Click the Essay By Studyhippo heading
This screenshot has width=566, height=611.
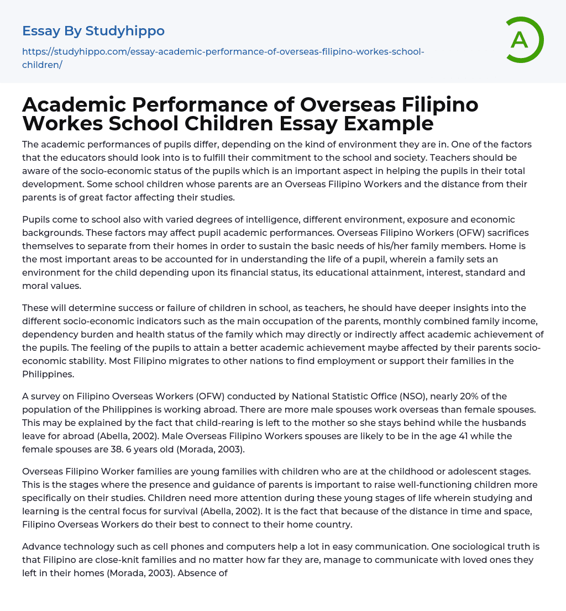click(x=93, y=31)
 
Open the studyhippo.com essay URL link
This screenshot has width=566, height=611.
click(x=223, y=52)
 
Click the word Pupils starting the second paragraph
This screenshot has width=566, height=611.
click(x=36, y=219)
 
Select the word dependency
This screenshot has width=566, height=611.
click(x=48, y=334)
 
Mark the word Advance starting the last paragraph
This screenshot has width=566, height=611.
click(x=41, y=546)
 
